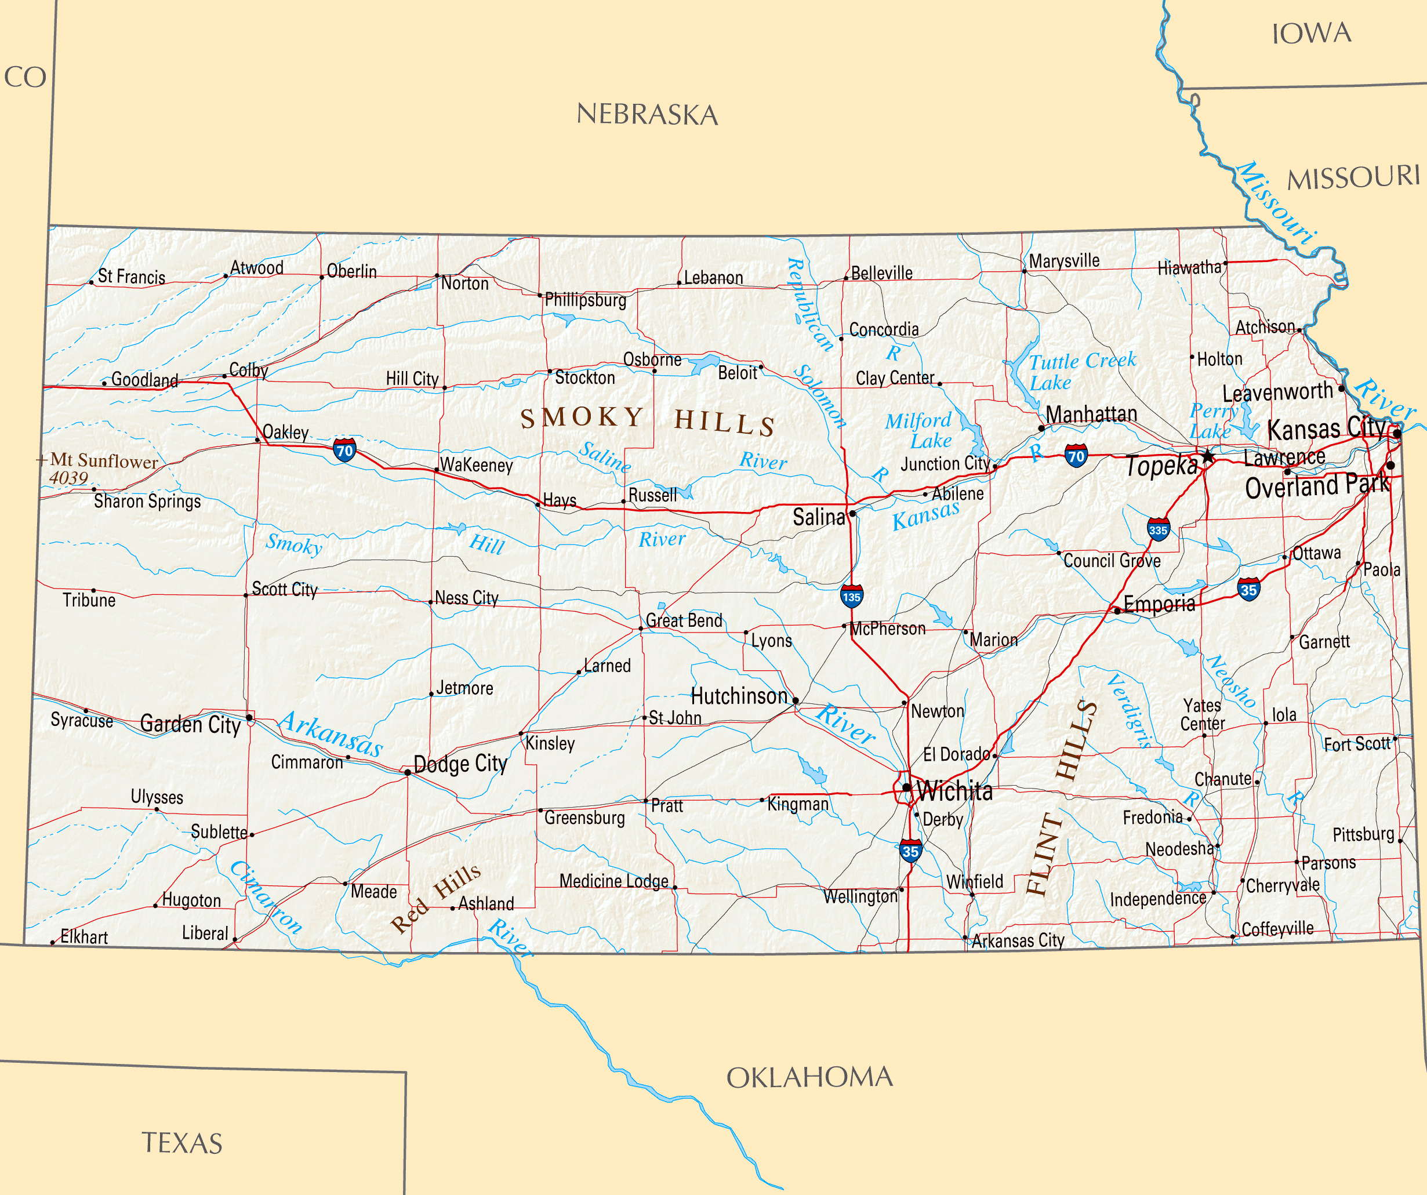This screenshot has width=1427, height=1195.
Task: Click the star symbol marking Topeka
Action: click(x=1207, y=456)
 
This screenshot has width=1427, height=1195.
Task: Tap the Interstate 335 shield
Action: click(x=1158, y=529)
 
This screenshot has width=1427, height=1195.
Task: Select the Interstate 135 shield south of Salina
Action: click(x=851, y=596)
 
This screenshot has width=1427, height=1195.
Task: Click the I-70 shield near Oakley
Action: click(x=344, y=450)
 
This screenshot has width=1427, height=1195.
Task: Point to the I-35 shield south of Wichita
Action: click(x=910, y=851)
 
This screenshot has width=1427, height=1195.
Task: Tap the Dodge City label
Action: click(x=460, y=764)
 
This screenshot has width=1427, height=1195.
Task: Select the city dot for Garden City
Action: click(x=249, y=717)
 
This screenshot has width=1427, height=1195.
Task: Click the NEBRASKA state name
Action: click(x=647, y=114)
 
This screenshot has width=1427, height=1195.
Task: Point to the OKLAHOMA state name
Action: click(x=809, y=1077)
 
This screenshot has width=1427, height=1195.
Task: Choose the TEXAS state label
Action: click(x=182, y=1143)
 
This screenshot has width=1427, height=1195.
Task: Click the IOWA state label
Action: click(x=1312, y=32)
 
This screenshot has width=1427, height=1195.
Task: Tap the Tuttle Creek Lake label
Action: click(x=1081, y=371)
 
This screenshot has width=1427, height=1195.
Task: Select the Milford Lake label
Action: click(x=918, y=430)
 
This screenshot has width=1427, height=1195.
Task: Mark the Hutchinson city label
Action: click(x=739, y=696)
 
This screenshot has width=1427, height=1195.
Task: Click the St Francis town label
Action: click(x=131, y=277)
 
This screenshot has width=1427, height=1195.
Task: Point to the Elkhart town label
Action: click(x=83, y=937)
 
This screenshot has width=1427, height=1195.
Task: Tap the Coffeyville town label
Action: click(x=1277, y=928)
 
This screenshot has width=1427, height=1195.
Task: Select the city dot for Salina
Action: click(x=852, y=514)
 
